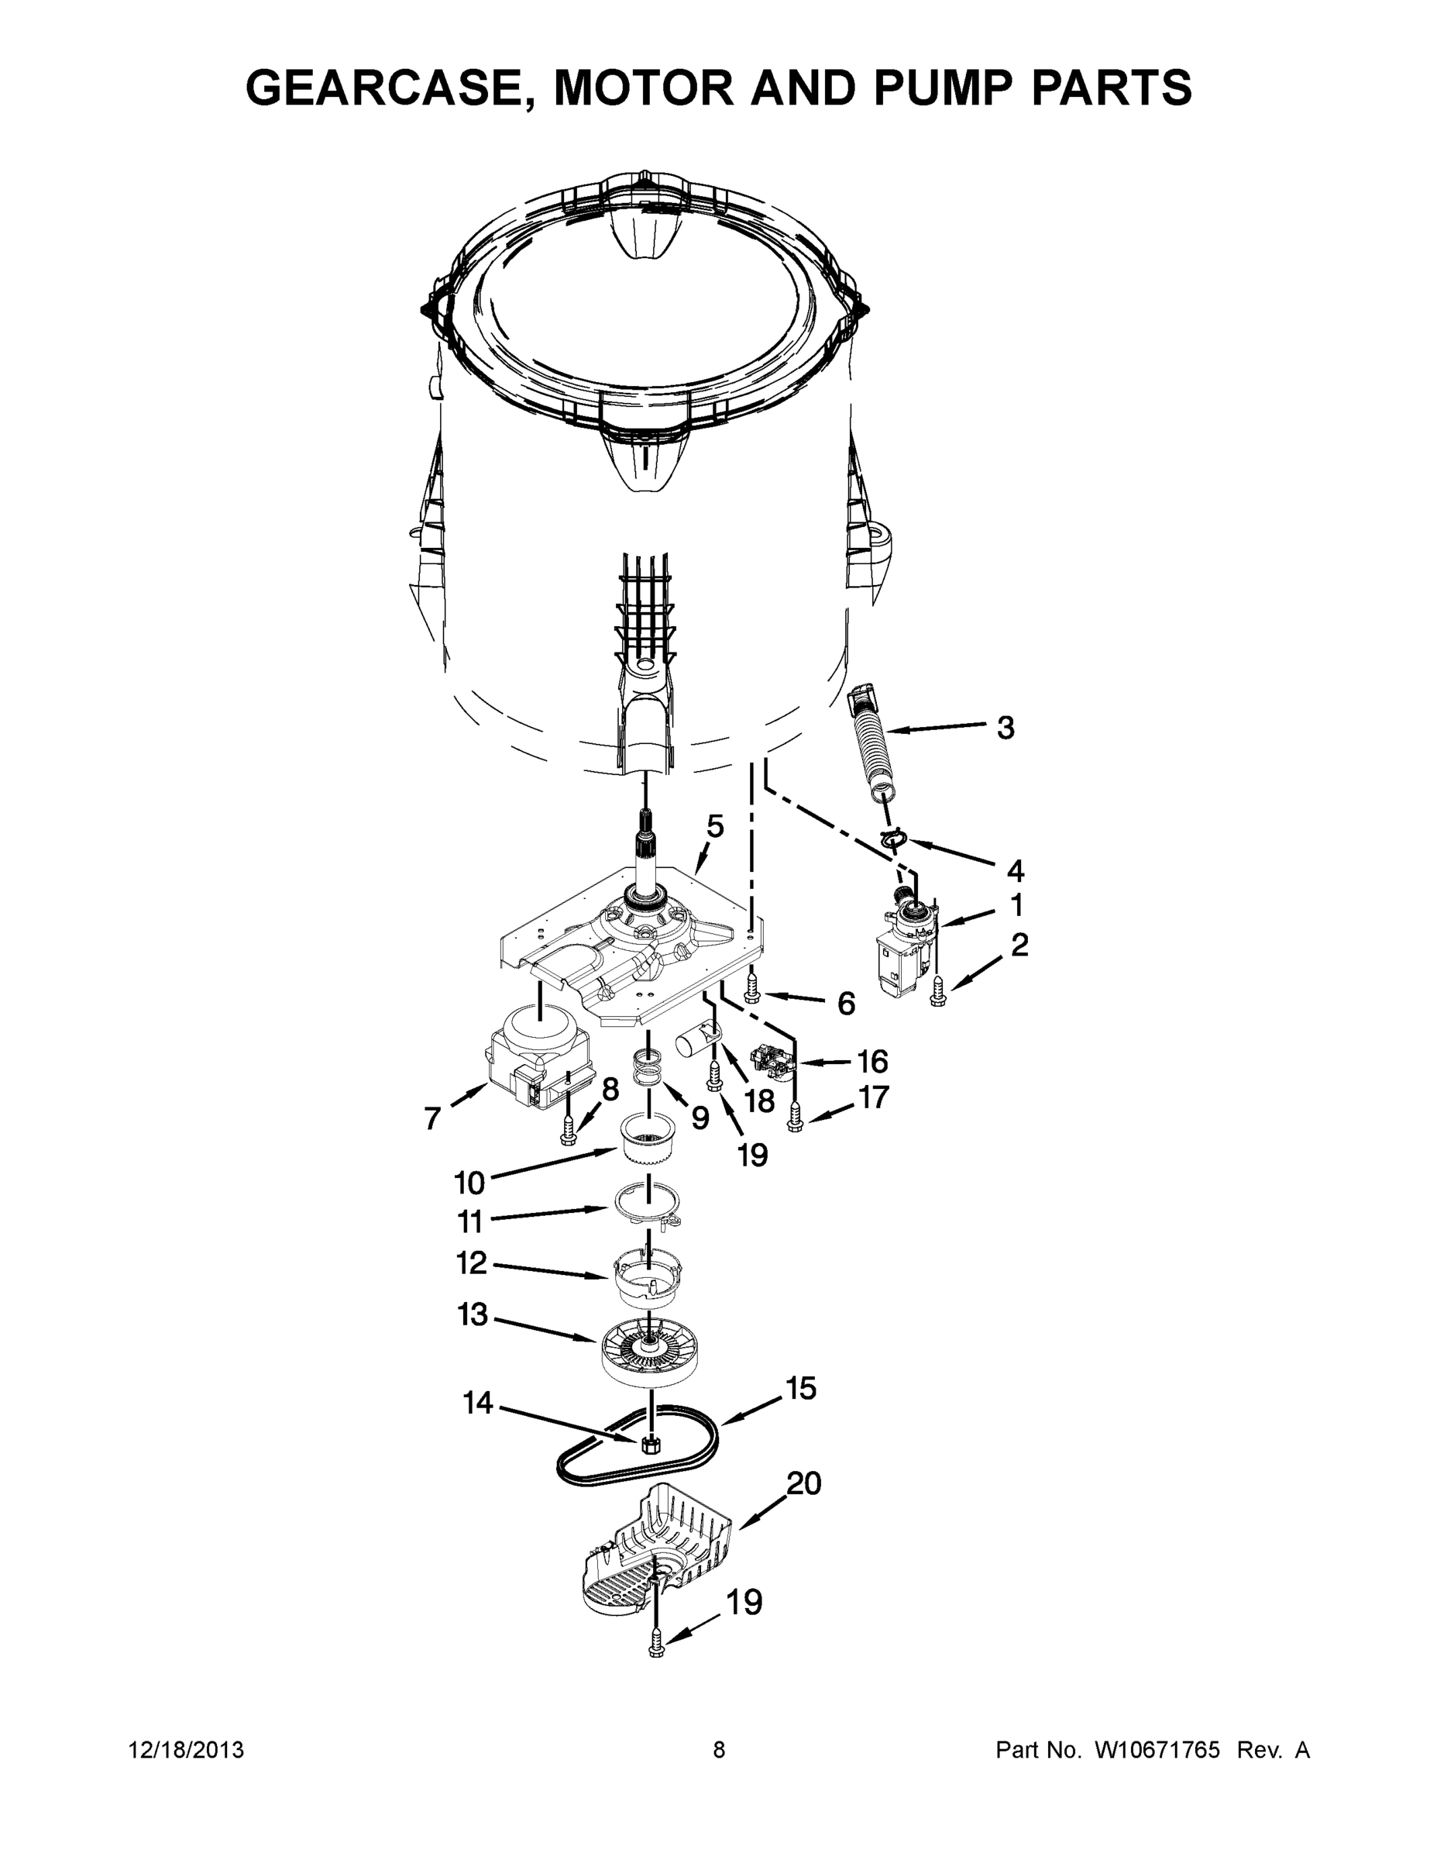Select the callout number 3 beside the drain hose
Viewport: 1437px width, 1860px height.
(1006, 728)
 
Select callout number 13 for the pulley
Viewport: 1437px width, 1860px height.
(473, 1315)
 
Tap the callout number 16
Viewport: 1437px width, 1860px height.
(872, 1062)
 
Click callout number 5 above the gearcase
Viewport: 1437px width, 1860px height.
(715, 825)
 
